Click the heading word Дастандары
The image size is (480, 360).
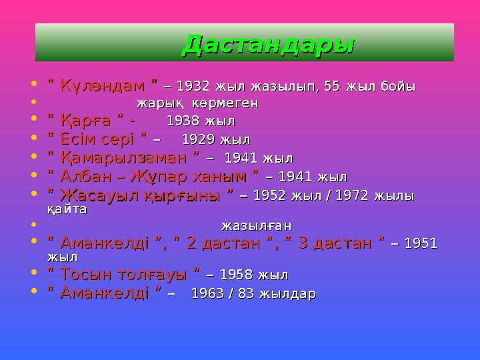268,44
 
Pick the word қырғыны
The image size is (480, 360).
186,195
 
